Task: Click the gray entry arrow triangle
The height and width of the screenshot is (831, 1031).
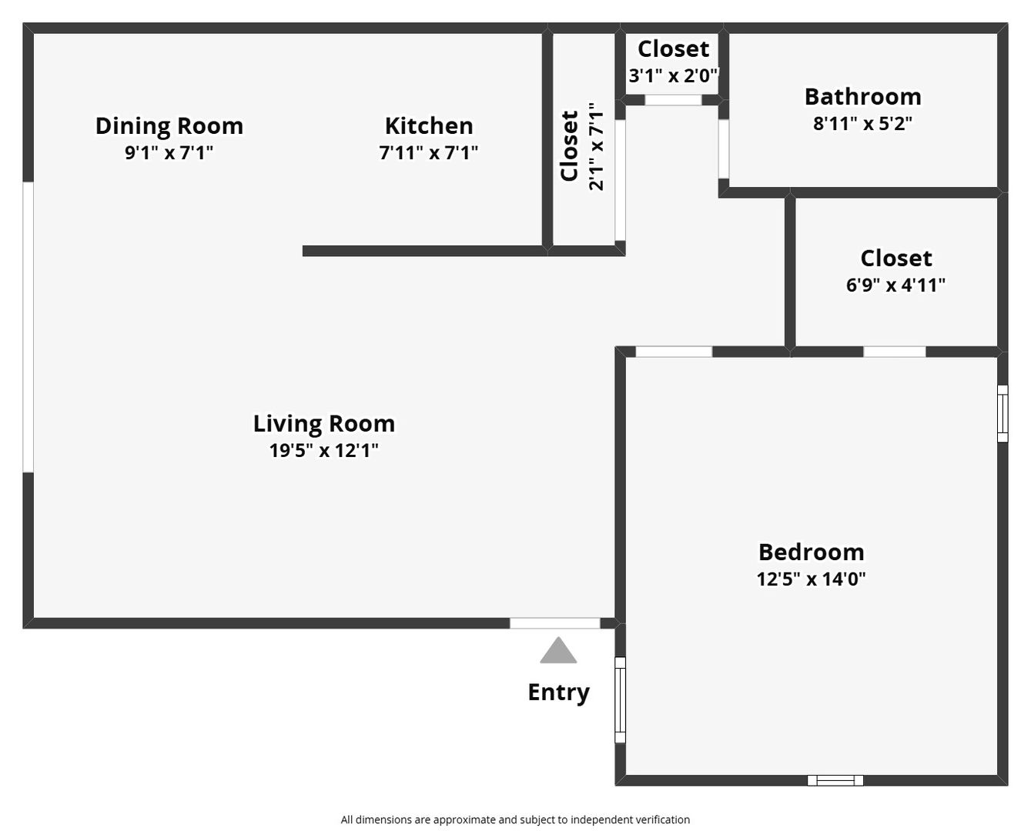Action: click(558, 652)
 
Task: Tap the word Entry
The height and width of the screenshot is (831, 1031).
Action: click(558, 693)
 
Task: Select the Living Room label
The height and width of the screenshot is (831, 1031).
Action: click(324, 424)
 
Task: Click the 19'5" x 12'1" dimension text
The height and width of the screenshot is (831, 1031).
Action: click(324, 450)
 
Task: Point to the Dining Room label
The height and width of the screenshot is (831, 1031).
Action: click(169, 126)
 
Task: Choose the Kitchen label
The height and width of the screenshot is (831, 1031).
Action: click(429, 126)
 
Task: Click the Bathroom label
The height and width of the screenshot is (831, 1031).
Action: click(863, 97)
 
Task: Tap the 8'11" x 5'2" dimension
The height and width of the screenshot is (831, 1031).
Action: click(863, 124)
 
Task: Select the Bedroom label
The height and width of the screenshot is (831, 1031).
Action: click(811, 552)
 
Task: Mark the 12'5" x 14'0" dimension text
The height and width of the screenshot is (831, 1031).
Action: click(811, 579)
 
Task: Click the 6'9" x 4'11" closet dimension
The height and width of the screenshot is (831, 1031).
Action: click(896, 285)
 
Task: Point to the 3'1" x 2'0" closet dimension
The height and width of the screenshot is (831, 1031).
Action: click(674, 75)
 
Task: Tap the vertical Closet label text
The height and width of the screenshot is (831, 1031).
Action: click(569, 146)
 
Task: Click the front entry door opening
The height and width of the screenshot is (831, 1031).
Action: click(555, 623)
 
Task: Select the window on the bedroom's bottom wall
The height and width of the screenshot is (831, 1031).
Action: click(835, 781)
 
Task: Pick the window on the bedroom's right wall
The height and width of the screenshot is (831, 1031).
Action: click(1003, 414)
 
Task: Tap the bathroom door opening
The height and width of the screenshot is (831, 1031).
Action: click(724, 149)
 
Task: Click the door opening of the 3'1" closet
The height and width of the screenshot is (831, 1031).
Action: click(673, 100)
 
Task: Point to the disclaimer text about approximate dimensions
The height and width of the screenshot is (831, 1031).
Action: click(515, 819)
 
